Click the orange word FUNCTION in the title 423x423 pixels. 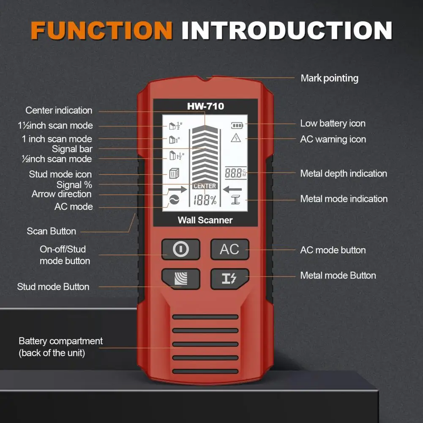(101, 30)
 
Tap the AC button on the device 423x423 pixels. (229, 249)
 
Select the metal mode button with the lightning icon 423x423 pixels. (229, 278)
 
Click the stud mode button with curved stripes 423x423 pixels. (180, 278)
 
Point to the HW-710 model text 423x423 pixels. (205, 106)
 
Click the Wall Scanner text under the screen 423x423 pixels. (205, 220)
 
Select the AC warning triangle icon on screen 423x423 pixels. (235, 138)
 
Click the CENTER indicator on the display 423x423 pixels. (205, 186)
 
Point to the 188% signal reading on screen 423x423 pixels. (205, 201)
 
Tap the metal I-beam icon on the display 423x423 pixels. (236, 200)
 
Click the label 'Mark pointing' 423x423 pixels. (329, 78)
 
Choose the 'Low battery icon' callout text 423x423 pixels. (333, 123)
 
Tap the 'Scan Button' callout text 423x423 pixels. (52, 231)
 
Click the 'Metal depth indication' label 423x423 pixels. (344, 173)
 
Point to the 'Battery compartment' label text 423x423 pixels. (60, 341)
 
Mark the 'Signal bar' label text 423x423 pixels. (72, 149)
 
